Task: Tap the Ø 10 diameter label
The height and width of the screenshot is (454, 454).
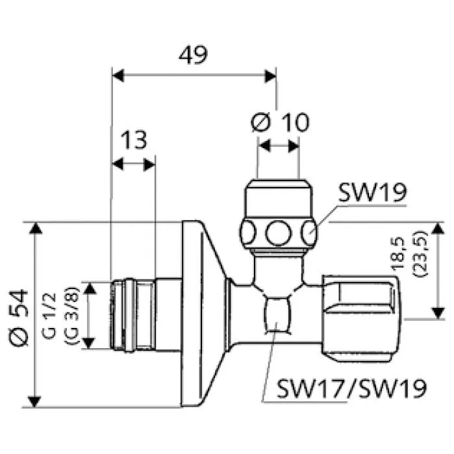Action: [279, 121]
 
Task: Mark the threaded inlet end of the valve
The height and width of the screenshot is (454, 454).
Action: [133, 315]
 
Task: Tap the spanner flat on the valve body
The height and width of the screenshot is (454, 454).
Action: [278, 315]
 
